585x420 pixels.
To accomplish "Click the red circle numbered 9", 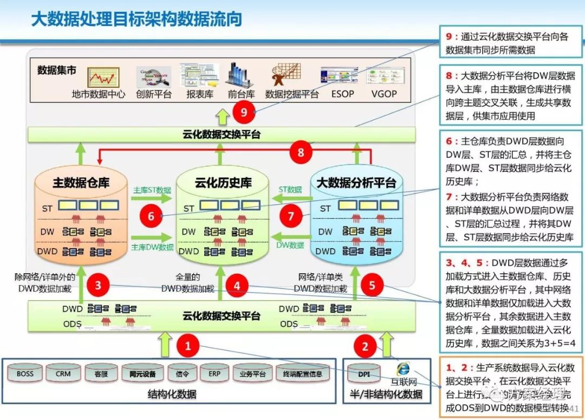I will [244, 112].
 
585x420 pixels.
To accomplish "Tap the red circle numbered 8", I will [301, 152].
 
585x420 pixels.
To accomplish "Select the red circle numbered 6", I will [151, 217].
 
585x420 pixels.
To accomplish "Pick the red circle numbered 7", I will [291, 217].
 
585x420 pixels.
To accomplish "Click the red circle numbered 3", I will [97, 285].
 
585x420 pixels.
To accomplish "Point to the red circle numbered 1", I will [188, 345].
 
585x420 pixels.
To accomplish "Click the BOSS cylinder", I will [25, 373].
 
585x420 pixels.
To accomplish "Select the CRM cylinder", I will [63, 373].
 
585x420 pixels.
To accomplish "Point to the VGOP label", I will [384, 94].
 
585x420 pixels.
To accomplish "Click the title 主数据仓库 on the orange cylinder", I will [81, 183].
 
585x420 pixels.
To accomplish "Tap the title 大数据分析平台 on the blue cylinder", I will [356, 182].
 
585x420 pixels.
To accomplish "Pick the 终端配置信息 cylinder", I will [303, 373].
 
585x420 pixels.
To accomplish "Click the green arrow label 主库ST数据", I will [152, 190].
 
